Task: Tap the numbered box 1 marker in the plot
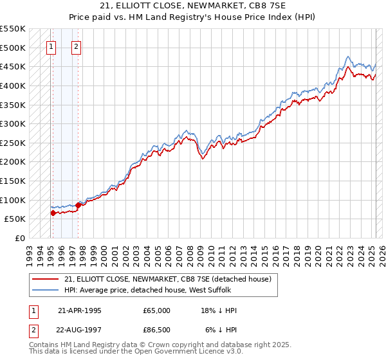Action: click(51, 46)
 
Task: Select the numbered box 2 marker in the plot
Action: click(76, 46)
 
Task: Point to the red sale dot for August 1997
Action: click(78, 204)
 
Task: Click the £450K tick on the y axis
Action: click(13, 66)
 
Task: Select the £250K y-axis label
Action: click(13, 143)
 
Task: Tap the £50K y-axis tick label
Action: click(15, 219)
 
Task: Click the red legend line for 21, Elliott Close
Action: click(46, 279)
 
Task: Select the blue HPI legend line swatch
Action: click(46, 290)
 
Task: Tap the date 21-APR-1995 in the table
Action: click(80, 310)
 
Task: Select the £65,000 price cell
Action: click(157, 310)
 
